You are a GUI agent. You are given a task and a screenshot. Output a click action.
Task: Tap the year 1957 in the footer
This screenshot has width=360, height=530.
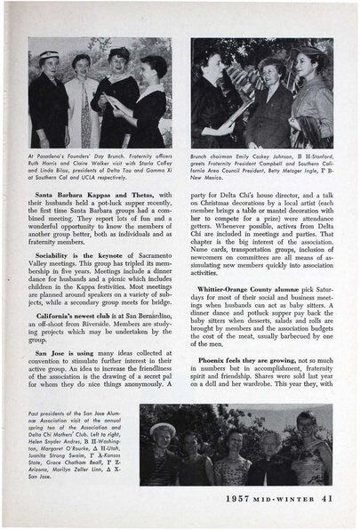pyautogui.click(x=241, y=494)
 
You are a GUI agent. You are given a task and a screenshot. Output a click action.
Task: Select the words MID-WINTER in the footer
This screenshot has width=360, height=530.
pyautogui.click(x=287, y=494)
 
